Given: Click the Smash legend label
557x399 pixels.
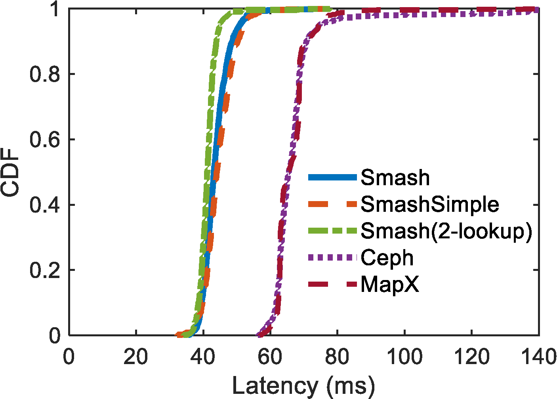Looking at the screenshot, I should coord(395,178).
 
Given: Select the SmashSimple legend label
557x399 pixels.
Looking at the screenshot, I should coord(430,204).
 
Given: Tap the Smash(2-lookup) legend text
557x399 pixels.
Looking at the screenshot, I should coord(446,231).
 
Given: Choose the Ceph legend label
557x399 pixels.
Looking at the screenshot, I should coord(387,258).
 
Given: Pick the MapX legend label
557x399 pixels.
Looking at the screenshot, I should coord(390,284).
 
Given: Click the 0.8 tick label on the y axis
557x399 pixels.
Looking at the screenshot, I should coord(45,74).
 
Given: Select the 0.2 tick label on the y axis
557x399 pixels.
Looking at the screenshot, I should coord(45,270).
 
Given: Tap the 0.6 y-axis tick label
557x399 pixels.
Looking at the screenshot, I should coord(45,140).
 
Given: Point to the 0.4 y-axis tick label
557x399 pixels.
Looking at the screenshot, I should coord(45,205).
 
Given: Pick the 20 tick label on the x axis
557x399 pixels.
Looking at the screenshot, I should coord(136,357).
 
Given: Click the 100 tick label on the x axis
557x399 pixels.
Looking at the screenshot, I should coord(404,357).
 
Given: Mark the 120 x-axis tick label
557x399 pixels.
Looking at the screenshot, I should coord(471,357).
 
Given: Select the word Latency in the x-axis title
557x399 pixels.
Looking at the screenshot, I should coord(275,385).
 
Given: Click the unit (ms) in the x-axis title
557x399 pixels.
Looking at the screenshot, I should coord(349,385).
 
